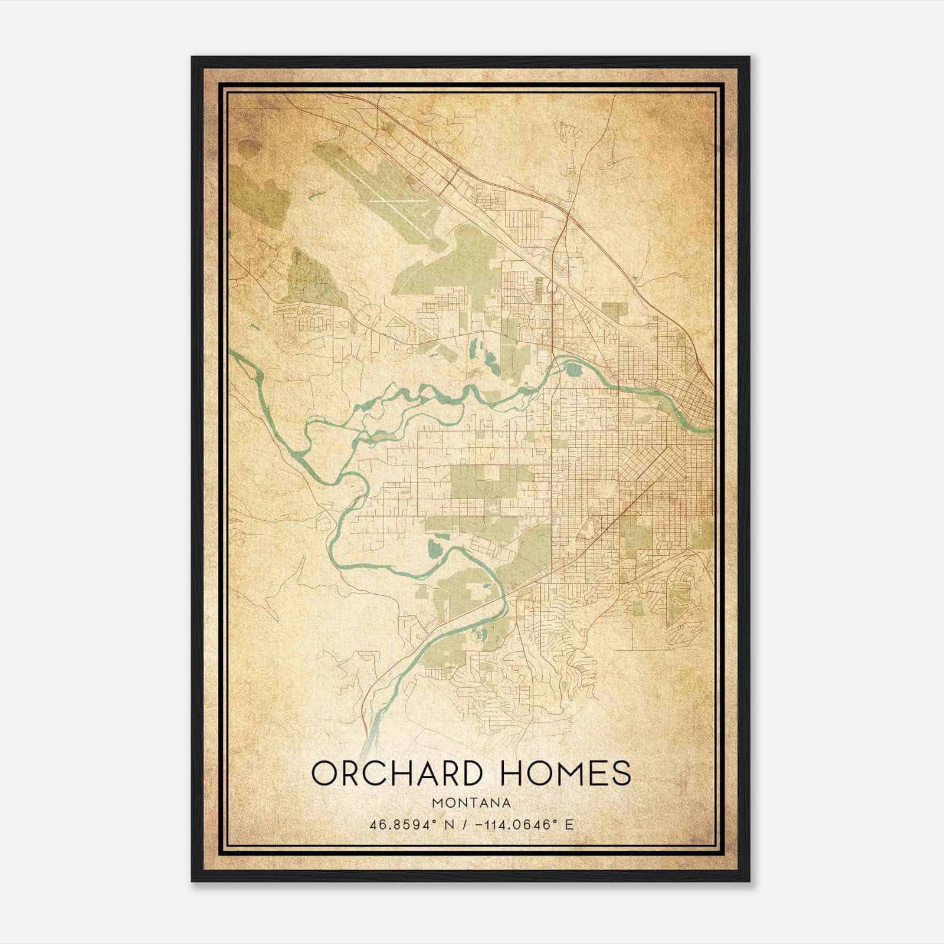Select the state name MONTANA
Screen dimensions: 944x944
click(471, 803)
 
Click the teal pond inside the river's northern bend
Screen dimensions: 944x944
click(573, 370)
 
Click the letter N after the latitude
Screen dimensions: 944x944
click(451, 825)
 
